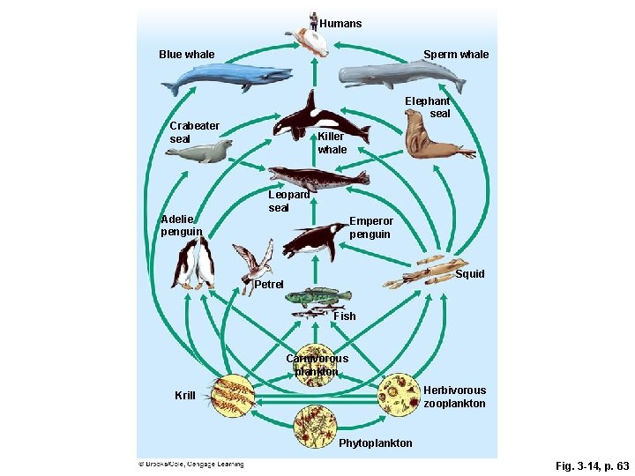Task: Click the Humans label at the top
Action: click(x=340, y=24)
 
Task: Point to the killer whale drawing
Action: click(x=308, y=120)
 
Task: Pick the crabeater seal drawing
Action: click(x=199, y=152)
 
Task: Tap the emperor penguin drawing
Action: click(x=313, y=239)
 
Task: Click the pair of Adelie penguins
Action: click(x=194, y=264)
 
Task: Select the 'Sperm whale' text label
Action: click(x=455, y=55)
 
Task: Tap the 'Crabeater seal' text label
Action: click(x=194, y=132)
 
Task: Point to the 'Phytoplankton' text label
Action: click(x=375, y=443)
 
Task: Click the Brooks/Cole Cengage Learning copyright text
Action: click(x=190, y=464)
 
